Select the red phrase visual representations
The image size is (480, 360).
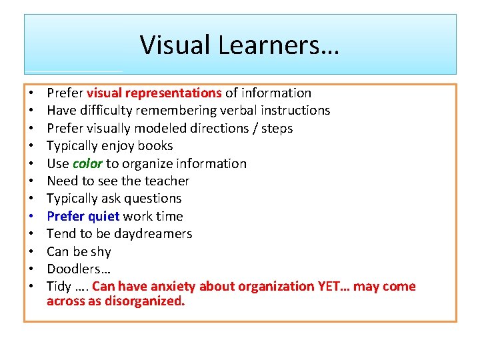coord(154,93)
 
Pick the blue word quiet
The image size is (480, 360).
coord(103,216)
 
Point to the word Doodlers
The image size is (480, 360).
coord(73,269)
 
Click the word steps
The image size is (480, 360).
coord(277,128)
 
